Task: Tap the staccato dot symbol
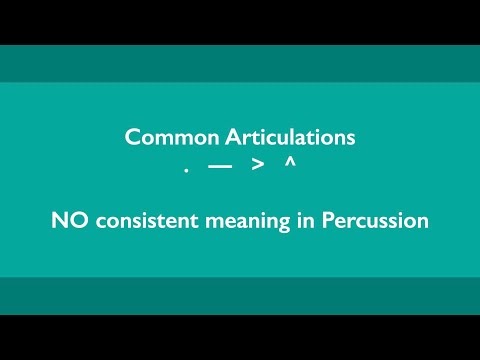point(187,171)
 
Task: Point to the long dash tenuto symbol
point(220,166)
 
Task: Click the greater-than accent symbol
point(257,166)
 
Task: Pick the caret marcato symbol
point(290,162)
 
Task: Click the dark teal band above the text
point(240,63)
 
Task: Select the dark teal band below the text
point(240,296)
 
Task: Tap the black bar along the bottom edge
point(240,337)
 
